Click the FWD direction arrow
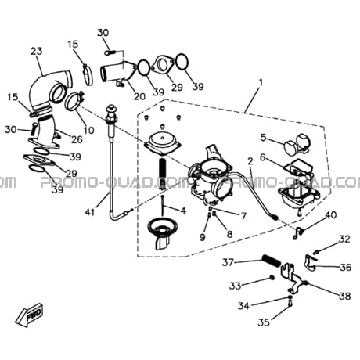click(30, 314)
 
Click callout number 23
click(37, 51)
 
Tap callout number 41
click(90, 212)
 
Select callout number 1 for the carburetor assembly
click(261, 83)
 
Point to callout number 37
click(228, 262)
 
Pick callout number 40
click(331, 215)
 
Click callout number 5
click(264, 137)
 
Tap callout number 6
click(262, 157)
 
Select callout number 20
click(139, 96)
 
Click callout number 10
click(88, 130)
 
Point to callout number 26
click(77, 139)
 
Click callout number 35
click(264, 322)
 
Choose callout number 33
click(235, 286)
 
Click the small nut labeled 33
click(272, 278)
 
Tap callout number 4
click(183, 211)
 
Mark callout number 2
click(250, 161)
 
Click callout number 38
click(345, 296)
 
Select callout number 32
click(344, 239)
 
